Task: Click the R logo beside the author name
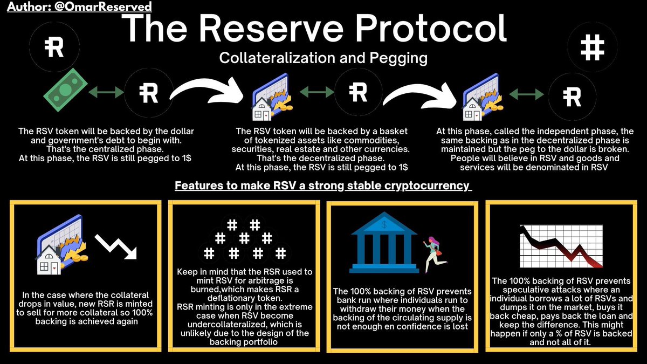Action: click(x=54, y=47)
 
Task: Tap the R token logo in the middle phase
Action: click(x=358, y=93)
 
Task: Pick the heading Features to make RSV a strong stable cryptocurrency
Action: click(x=323, y=186)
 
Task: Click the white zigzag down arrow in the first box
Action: click(x=117, y=249)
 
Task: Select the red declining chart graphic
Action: click(x=560, y=248)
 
